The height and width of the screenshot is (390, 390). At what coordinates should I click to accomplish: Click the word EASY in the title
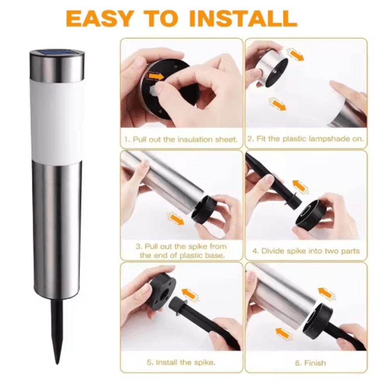[99, 18]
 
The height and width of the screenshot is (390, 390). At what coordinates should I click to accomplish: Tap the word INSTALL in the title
[243, 18]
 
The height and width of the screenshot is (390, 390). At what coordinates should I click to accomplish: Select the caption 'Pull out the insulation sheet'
[181, 139]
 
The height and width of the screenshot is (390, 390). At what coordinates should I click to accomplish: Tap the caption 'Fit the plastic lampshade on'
[306, 138]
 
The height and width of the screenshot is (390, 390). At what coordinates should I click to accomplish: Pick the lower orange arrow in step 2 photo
[277, 104]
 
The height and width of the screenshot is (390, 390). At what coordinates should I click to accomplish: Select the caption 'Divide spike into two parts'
[306, 251]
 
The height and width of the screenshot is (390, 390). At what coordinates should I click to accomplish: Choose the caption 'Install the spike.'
[181, 362]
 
